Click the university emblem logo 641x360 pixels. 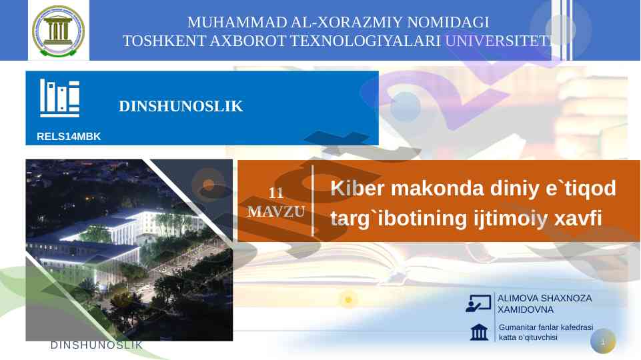tap(59, 31)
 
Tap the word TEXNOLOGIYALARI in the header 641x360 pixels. tap(365, 41)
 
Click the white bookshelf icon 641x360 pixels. tap(59, 98)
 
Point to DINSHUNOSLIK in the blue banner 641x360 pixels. tap(181, 106)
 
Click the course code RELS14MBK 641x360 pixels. tap(69, 137)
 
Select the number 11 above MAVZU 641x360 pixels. tap(276, 193)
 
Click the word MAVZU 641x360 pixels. tap(276, 212)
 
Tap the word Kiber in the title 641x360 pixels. tap(358, 189)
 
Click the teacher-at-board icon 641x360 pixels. tap(478, 303)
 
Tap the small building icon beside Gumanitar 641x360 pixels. tap(479, 332)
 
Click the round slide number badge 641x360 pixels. tap(603, 341)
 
